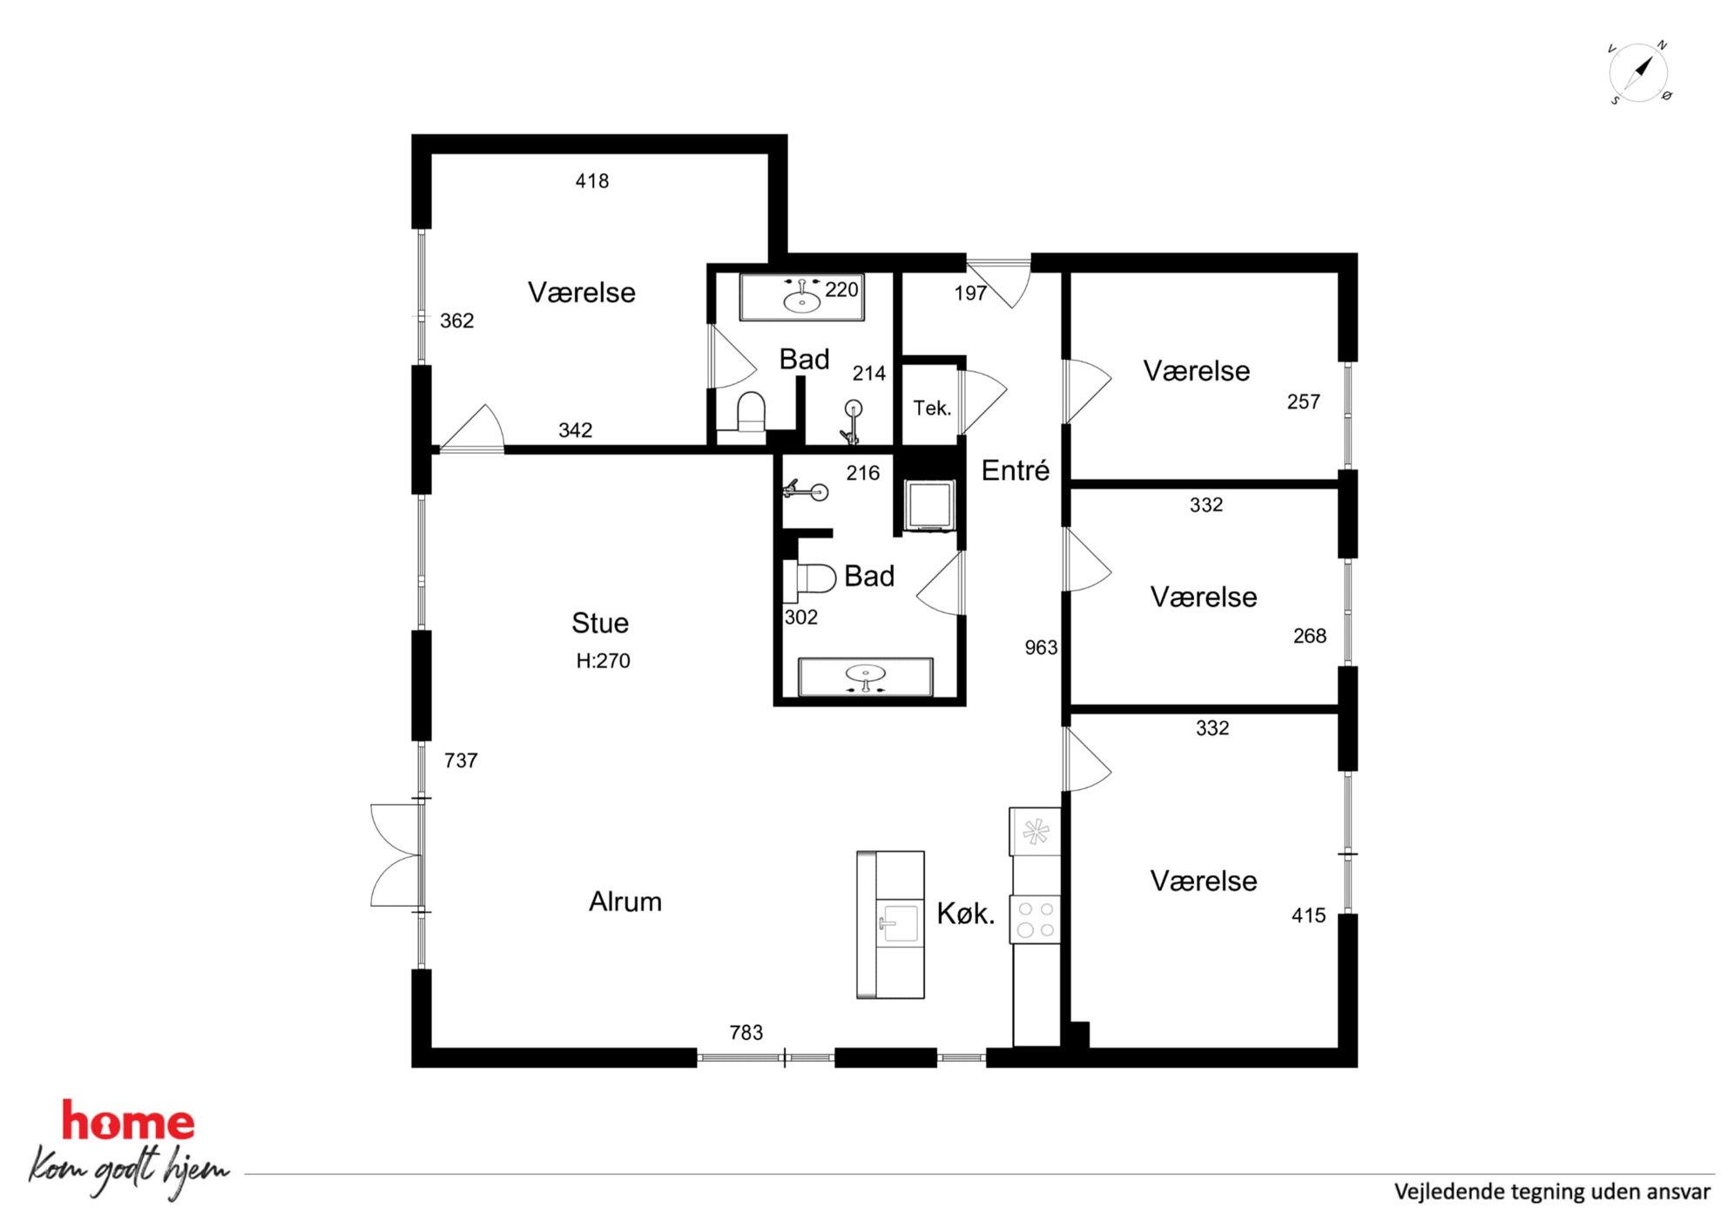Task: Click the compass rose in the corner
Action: click(x=1638, y=72)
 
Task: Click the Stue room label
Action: click(x=600, y=623)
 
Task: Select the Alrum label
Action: click(x=625, y=901)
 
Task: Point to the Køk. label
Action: click(x=966, y=914)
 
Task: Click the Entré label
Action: click(x=1016, y=470)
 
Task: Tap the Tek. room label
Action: click(x=932, y=408)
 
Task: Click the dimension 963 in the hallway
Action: click(x=1041, y=647)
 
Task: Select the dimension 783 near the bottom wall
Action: click(x=746, y=1032)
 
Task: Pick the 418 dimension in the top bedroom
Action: click(x=592, y=181)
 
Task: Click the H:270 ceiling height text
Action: click(x=603, y=661)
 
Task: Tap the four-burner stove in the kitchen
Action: click(x=1036, y=920)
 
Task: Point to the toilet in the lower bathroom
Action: click(x=810, y=578)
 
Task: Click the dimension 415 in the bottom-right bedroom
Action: click(x=1308, y=915)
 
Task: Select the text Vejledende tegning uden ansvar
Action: click(x=1552, y=1192)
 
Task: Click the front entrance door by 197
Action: click(x=1000, y=283)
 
